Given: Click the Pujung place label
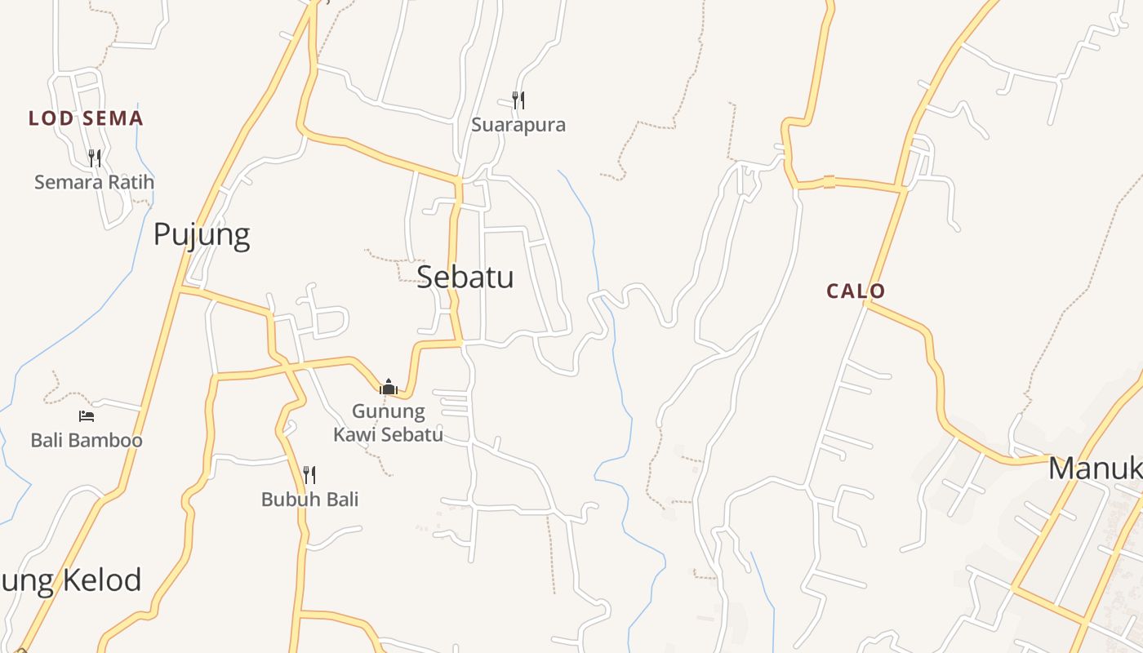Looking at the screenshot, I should [202, 235].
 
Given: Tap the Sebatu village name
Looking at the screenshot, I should [465, 278].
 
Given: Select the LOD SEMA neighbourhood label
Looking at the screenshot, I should [86, 118].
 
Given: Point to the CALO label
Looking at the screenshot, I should [856, 291].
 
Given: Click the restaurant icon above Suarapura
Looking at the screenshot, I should [518, 100].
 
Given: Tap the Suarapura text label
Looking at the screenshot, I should [518, 125].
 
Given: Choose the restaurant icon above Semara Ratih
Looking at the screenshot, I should [95, 158].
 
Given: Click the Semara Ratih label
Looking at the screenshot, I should [94, 182].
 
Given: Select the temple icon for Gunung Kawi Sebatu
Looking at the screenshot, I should [389, 386].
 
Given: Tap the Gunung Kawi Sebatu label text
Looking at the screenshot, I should [389, 423].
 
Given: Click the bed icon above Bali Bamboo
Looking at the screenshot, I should [87, 416].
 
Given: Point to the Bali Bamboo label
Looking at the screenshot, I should [87, 441].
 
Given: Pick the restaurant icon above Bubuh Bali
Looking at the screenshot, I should [309, 474].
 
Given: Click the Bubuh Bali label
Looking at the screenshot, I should [309, 500].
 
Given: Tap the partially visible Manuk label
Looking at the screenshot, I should [1095, 469].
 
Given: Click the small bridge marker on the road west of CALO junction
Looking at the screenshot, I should [829, 181].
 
